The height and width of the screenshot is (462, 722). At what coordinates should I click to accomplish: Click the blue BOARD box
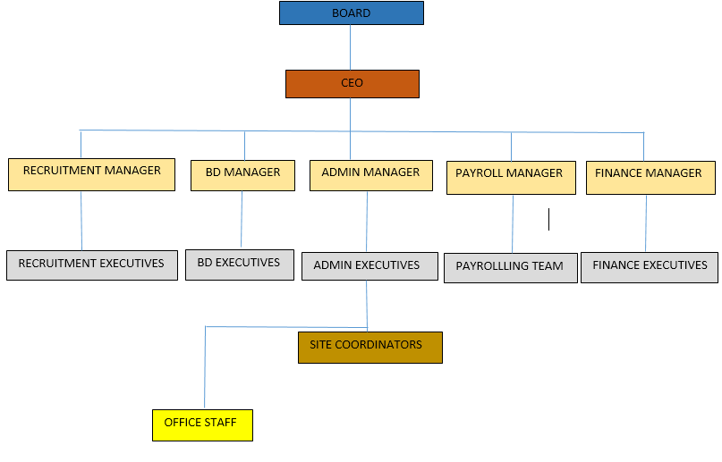(351, 13)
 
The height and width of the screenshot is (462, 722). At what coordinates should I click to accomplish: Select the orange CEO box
(352, 83)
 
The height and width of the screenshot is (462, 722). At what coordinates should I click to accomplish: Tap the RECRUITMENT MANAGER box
(92, 173)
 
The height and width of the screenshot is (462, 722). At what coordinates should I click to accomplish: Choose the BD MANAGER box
(242, 174)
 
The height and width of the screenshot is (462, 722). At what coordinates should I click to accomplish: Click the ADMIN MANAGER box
(370, 174)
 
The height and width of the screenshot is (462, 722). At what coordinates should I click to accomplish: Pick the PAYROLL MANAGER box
(509, 176)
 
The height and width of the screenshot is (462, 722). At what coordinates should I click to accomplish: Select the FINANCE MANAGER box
(650, 176)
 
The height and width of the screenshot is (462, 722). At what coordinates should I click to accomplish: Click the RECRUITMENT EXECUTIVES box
(91, 265)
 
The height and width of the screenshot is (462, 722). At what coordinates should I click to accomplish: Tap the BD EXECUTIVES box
(239, 265)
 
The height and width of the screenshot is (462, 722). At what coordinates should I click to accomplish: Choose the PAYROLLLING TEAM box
(510, 268)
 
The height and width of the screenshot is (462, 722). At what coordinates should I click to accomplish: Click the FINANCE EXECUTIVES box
(650, 267)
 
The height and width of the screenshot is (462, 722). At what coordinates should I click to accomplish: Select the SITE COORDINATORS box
(369, 347)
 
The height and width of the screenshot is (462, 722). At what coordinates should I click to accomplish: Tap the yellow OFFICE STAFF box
(202, 424)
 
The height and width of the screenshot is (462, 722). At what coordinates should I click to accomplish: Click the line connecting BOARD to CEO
(350, 47)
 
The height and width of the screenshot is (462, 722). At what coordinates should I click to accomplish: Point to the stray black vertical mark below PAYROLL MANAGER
(548, 219)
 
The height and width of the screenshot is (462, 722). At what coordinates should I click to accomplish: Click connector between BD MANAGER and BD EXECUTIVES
(242, 220)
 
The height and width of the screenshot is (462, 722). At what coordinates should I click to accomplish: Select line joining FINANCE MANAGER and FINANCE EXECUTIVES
(646, 223)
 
